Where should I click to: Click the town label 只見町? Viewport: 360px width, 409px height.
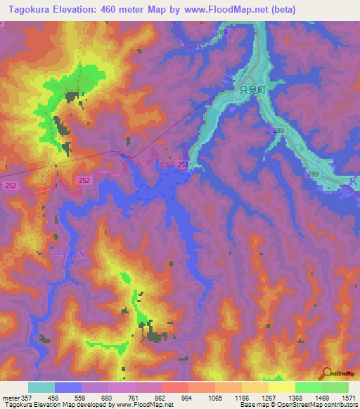click(251, 90)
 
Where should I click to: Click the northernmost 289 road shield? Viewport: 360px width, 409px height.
click(222, 32)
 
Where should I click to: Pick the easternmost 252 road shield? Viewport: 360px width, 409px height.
click(183, 164)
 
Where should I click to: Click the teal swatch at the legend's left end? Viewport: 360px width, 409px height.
click(41, 387)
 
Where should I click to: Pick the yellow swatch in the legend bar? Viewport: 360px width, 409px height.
click(281, 387)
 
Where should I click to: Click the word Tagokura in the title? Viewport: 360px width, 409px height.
click(26, 10)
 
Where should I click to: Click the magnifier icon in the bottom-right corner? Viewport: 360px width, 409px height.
click(326, 374)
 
